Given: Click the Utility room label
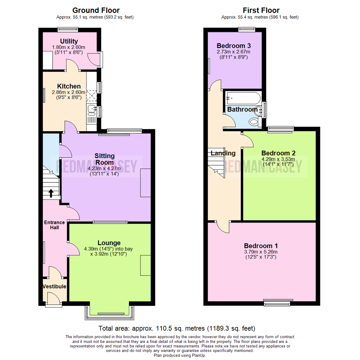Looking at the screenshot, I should click(x=69, y=41).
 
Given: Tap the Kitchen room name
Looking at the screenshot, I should click(x=69, y=86).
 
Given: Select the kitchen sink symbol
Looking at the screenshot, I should click(x=92, y=108).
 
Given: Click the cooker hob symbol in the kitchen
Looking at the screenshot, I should click(x=91, y=96).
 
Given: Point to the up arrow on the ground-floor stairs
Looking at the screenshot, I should click(x=51, y=193).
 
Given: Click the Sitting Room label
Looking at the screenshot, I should click(x=105, y=159).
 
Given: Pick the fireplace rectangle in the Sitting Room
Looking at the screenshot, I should click(x=146, y=183).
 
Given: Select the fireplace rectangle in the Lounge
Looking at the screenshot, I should click(x=146, y=265).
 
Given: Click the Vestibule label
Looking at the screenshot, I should click(x=54, y=287).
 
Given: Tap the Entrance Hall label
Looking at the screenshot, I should click(x=52, y=225).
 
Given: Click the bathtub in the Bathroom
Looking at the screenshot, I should click(x=243, y=98).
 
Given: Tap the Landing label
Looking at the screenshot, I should click(x=223, y=153).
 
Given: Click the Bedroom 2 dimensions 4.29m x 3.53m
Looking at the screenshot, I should click(x=278, y=159).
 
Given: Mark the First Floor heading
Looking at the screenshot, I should click(x=261, y=11).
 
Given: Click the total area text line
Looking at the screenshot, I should click(x=177, y=328).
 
